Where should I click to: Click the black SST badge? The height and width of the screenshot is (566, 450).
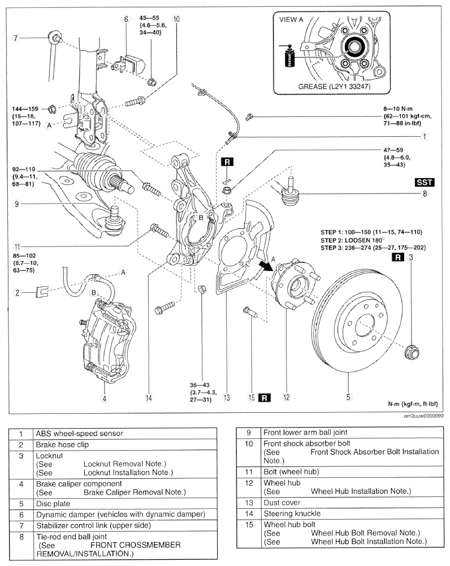(x=425, y=182)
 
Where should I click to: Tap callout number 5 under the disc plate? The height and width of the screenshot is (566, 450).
(x=348, y=397)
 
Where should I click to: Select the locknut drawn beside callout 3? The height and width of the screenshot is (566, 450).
(x=412, y=352)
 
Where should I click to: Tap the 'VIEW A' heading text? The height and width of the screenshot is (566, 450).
(x=291, y=19)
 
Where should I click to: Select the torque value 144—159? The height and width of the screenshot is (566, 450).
(x=25, y=109)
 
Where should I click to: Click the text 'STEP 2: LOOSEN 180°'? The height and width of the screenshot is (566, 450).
(x=353, y=240)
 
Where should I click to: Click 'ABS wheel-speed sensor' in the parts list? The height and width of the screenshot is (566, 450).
(x=79, y=433)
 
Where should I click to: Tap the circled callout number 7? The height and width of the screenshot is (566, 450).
(x=15, y=37)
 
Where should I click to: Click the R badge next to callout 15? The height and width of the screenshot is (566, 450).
(x=265, y=398)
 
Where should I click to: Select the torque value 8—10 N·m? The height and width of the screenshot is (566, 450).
(x=397, y=109)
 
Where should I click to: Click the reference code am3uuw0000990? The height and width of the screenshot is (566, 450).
(x=423, y=416)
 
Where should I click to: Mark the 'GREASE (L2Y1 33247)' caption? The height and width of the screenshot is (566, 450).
(x=334, y=87)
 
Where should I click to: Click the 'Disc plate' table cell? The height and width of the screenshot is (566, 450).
(x=53, y=504)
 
